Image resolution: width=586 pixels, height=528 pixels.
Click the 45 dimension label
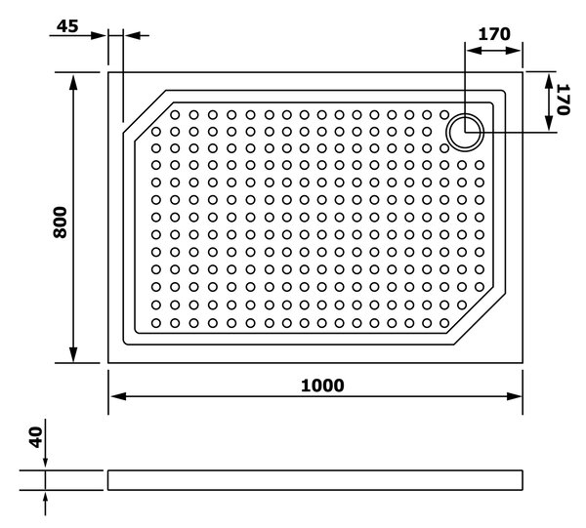click(67, 26)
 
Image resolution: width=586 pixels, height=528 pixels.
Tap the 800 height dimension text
click(60, 223)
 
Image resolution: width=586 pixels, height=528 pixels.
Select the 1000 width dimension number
click(322, 386)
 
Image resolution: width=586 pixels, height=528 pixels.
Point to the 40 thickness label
click(36, 437)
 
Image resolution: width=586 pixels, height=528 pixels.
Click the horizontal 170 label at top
click(494, 34)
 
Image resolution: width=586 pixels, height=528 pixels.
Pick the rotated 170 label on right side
click(564, 100)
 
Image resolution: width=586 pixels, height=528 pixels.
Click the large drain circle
click(465, 132)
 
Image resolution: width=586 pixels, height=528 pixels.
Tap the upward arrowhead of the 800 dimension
click(73, 82)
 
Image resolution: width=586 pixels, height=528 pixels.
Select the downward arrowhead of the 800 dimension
click(73, 354)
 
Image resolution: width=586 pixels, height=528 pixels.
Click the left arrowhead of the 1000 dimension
click(118, 396)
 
